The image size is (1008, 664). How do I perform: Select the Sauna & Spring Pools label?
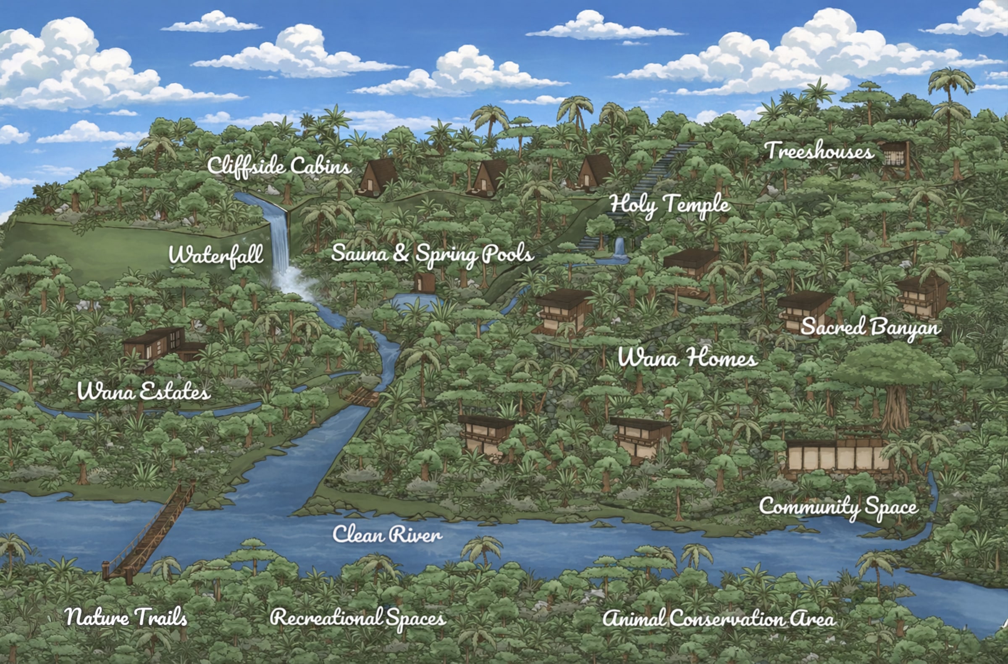[x=432, y=254]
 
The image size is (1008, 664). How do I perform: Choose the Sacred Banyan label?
[x=870, y=327]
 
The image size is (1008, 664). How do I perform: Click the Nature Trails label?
[x=125, y=617]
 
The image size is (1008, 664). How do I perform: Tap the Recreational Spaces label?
[x=358, y=618]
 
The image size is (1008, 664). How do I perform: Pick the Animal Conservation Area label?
[x=719, y=619]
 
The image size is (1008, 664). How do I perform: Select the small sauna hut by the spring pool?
[x=424, y=282]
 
